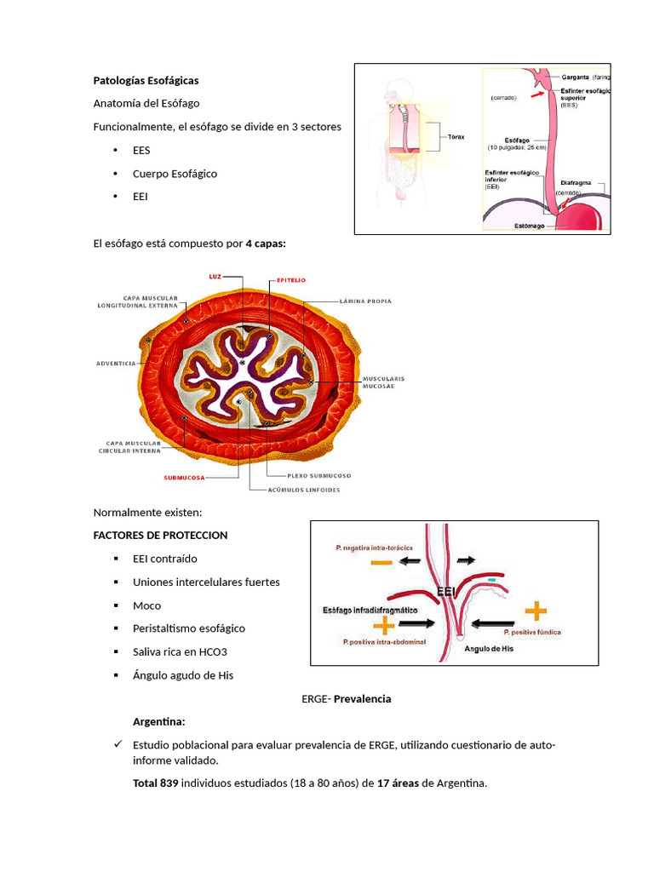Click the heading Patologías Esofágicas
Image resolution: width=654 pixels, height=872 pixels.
(x=146, y=81)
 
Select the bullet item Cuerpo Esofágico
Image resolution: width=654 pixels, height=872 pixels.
(x=175, y=174)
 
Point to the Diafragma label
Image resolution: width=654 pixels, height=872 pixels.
(x=582, y=182)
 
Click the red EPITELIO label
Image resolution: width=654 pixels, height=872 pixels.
(x=290, y=279)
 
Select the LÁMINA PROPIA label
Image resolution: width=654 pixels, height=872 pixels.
(x=365, y=301)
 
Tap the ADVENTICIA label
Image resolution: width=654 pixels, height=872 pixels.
(x=117, y=364)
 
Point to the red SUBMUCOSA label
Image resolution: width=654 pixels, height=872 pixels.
(x=185, y=479)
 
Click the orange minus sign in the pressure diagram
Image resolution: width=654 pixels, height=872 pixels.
(x=381, y=562)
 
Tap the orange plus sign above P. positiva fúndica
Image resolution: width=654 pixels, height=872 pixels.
(x=536, y=610)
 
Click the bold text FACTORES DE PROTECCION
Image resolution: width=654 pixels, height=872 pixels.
(x=160, y=536)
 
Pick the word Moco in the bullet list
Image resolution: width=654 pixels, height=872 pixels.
(x=146, y=605)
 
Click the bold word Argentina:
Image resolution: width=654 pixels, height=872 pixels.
(x=158, y=722)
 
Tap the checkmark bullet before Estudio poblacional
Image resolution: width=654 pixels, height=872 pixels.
(x=118, y=745)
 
